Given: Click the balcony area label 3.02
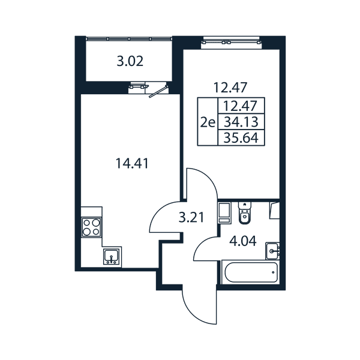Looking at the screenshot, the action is click(x=130, y=61).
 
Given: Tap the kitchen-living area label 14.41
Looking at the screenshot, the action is click(x=132, y=164).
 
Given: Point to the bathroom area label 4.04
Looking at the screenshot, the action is click(x=243, y=241).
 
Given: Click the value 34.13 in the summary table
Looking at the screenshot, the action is click(x=241, y=122).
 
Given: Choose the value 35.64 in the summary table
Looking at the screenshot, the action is click(x=241, y=138).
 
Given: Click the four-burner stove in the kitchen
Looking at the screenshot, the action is click(x=91, y=227).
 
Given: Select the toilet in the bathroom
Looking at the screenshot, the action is click(x=245, y=212).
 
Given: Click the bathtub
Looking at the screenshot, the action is click(x=251, y=272).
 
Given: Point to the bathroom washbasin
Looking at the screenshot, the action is click(x=272, y=251).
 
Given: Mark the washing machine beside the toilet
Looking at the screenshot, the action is click(x=224, y=212).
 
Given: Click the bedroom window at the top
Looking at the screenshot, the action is click(x=231, y=42).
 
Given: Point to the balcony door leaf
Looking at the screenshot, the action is click(x=158, y=92).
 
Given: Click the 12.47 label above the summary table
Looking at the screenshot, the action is click(x=230, y=88).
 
